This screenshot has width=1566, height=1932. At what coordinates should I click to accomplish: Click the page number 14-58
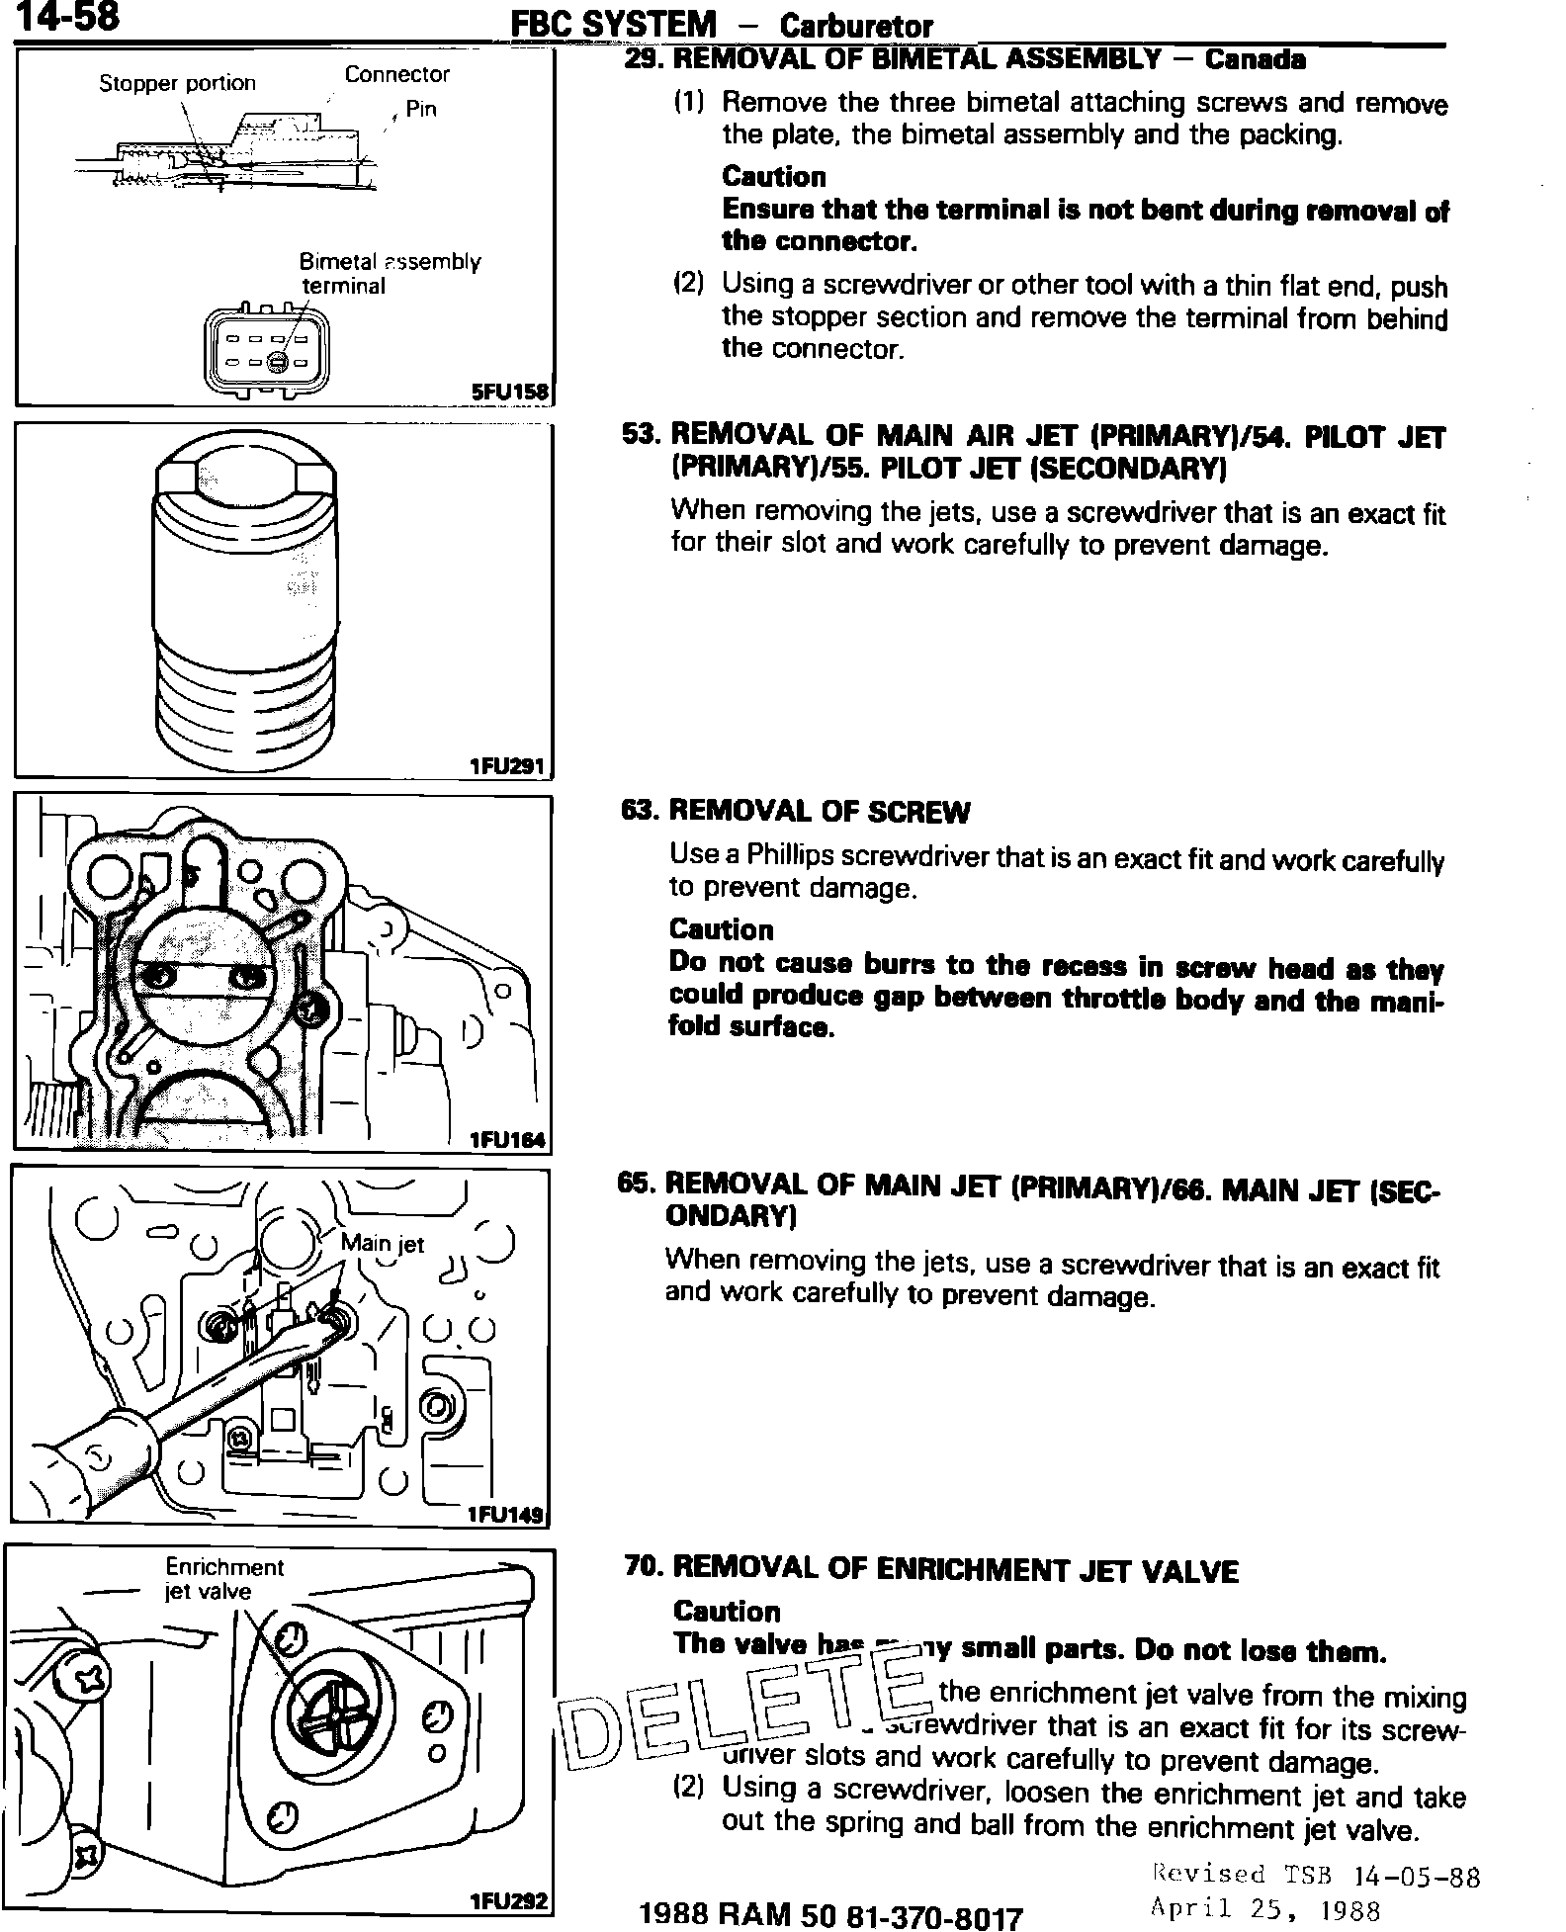click(x=68, y=17)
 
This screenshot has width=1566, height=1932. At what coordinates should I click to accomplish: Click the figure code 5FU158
click(x=509, y=392)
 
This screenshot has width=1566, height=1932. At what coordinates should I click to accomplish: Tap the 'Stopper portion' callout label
click(x=177, y=83)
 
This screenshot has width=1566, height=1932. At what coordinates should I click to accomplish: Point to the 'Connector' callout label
click(x=396, y=74)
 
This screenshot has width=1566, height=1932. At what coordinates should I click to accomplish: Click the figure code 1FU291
click(x=508, y=765)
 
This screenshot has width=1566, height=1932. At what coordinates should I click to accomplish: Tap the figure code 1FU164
click(x=507, y=1140)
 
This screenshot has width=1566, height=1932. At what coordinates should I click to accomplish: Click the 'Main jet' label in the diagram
click(x=382, y=1243)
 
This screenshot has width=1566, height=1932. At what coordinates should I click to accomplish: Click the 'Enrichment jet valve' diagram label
click(x=223, y=1579)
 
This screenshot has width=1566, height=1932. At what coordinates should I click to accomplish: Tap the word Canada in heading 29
click(x=1255, y=59)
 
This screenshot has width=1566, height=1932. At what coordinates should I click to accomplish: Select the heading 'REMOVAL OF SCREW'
click(x=819, y=812)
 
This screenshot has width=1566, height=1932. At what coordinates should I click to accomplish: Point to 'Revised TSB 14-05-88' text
click(x=1316, y=1874)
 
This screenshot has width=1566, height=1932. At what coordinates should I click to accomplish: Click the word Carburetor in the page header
click(x=855, y=26)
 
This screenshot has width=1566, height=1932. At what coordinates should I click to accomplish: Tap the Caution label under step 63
click(x=721, y=929)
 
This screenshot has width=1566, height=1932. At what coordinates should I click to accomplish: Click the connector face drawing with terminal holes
click(x=268, y=352)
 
